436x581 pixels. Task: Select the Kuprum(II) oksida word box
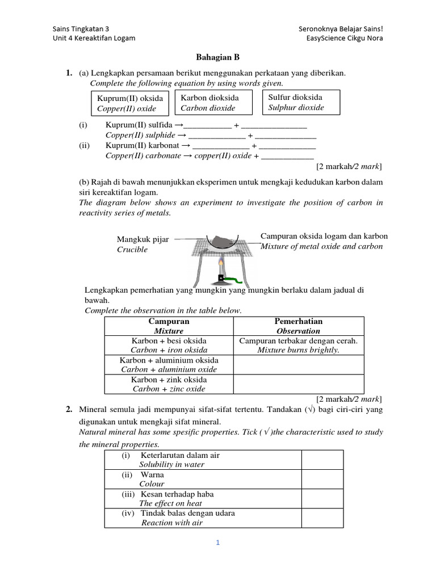coord(130,103)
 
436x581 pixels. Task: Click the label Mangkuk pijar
coord(142,239)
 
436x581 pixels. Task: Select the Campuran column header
coord(169,326)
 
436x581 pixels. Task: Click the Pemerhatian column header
coord(298,326)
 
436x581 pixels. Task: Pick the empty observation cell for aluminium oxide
coord(298,364)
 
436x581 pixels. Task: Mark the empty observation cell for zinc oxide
coord(298,384)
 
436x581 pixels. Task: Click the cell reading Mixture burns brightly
coord(298,346)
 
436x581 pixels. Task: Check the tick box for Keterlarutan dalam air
coord(322,460)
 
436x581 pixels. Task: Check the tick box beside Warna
coord(322,479)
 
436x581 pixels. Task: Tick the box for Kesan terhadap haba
coord(322,498)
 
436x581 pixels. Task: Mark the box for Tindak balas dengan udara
coord(322,517)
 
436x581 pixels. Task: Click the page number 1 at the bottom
coord(218,542)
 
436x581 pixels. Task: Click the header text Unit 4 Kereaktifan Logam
coord(94,38)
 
